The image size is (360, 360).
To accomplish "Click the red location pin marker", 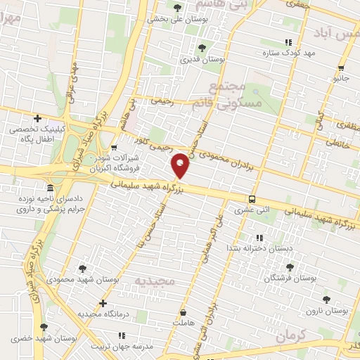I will [x=181, y=166].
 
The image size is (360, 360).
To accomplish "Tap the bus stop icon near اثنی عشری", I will [x=252, y=199].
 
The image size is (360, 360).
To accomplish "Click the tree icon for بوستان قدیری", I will [x=202, y=48].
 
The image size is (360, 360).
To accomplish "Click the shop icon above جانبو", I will [x=341, y=68].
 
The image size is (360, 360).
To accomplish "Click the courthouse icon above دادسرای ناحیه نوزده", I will [x=49, y=188].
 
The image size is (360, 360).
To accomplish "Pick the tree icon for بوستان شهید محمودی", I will [x=83, y=268].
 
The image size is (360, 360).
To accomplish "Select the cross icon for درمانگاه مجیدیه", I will [x=103, y=304].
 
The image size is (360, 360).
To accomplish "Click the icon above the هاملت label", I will [x=184, y=312].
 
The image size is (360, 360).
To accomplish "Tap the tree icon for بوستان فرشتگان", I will [x=289, y=267].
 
